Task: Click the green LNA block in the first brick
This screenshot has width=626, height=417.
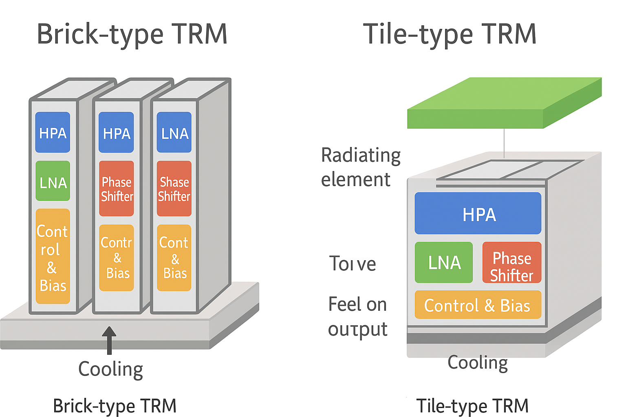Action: (x=53, y=181)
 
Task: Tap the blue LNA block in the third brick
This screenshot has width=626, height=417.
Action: (x=174, y=132)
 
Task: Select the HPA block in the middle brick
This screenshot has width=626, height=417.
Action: (x=117, y=132)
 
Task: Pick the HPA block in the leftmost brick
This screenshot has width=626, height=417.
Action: (x=53, y=132)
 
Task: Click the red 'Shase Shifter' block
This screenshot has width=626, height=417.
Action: (x=174, y=189)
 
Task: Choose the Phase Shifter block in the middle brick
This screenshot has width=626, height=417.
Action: (x=117, y=189)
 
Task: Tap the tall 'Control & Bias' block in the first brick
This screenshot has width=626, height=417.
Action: (x=53, y=257)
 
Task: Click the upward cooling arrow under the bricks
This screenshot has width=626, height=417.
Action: (x=109, y=340)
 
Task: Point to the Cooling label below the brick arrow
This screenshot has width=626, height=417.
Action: (x=110, y=369)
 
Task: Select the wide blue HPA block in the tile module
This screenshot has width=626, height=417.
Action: (x=478, y=213)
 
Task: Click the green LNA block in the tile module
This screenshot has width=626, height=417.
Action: (x=444, y=263)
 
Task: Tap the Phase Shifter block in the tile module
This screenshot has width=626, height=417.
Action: (x=512, y=263)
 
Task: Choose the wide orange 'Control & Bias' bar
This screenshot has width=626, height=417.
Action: (x=478, y=305)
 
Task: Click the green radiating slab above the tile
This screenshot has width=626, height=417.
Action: (x=505, y=104)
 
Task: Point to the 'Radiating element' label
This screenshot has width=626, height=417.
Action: (x=361, y=167)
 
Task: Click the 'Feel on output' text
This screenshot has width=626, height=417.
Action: (x=357, y=316)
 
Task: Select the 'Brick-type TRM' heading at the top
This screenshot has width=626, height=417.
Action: (x=132, y=34)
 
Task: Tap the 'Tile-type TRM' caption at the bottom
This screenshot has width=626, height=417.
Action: (x=472, y=406)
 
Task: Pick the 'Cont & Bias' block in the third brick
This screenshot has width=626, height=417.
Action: (x=174, y=258)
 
